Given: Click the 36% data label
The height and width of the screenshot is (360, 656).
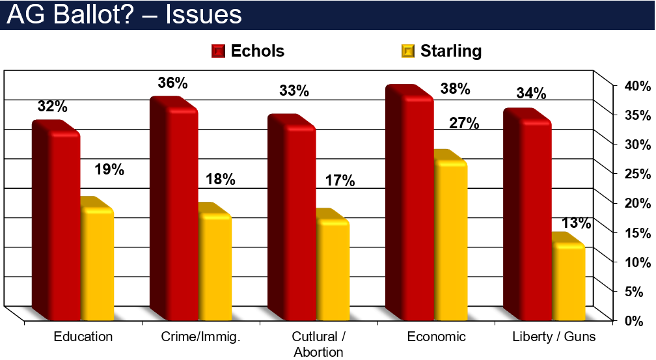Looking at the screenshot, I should point(172,83).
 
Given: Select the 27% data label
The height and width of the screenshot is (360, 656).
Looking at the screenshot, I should point(463,124).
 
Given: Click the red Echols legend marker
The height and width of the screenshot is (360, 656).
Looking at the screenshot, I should point(219,51).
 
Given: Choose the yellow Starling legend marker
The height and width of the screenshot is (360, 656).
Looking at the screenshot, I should point(408,51).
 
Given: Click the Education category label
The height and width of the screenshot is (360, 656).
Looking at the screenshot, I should point(83,337).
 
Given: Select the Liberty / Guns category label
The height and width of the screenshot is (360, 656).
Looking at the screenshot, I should point(554,337).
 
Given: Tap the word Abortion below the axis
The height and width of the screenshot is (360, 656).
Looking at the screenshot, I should point(318,352).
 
